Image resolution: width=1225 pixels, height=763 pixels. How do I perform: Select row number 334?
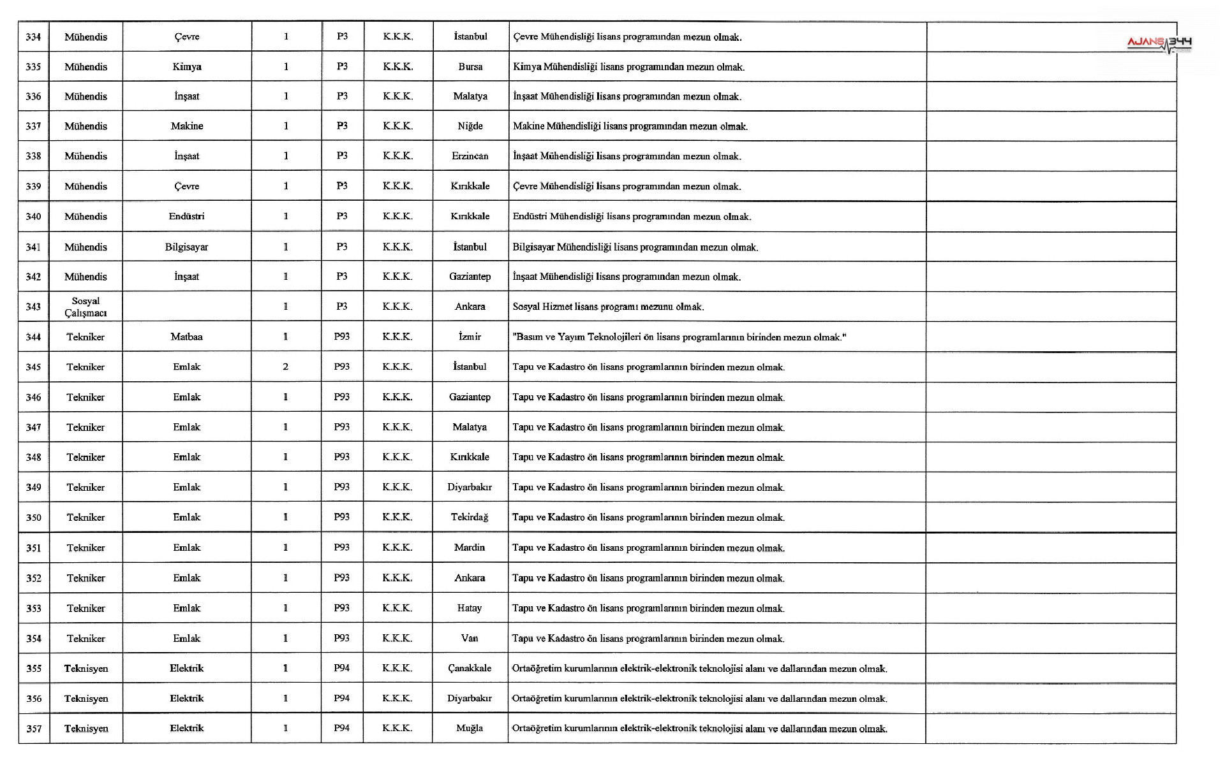(x=33, y=37)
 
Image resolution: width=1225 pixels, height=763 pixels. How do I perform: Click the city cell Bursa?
(x=470, y=67)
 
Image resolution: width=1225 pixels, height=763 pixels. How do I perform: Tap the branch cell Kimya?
(x=186, y=67)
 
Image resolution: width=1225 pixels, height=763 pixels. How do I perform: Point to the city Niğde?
(x=470, y=126)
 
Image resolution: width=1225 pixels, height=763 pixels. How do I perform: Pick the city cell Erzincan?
(x=470, y=156)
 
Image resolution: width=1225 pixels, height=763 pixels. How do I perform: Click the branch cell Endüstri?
(x=186, y=216)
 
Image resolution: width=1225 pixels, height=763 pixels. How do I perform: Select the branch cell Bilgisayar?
(x=186, y=247)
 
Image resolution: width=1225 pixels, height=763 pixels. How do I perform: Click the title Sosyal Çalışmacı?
(x=85, y=307)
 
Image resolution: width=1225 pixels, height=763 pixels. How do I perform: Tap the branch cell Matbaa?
(x=186, y=337)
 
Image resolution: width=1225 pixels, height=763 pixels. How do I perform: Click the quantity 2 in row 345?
(x=285, y=367)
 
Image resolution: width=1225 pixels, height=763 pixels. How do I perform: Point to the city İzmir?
(x=470, y=337)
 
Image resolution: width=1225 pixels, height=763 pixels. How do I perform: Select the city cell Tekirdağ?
(x=470, y=517)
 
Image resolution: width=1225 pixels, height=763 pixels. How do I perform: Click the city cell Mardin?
(x=470, y=548)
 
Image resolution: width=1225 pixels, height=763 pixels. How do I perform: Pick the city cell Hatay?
(x=470, y=608)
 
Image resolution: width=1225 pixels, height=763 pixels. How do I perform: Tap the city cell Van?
(x=470, y=638)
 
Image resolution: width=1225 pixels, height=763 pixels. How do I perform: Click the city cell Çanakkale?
(x=470, y=668)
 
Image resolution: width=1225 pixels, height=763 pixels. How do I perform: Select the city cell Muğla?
(x=470, y=728)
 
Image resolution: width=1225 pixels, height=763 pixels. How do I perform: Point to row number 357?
(x=34, y=729)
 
